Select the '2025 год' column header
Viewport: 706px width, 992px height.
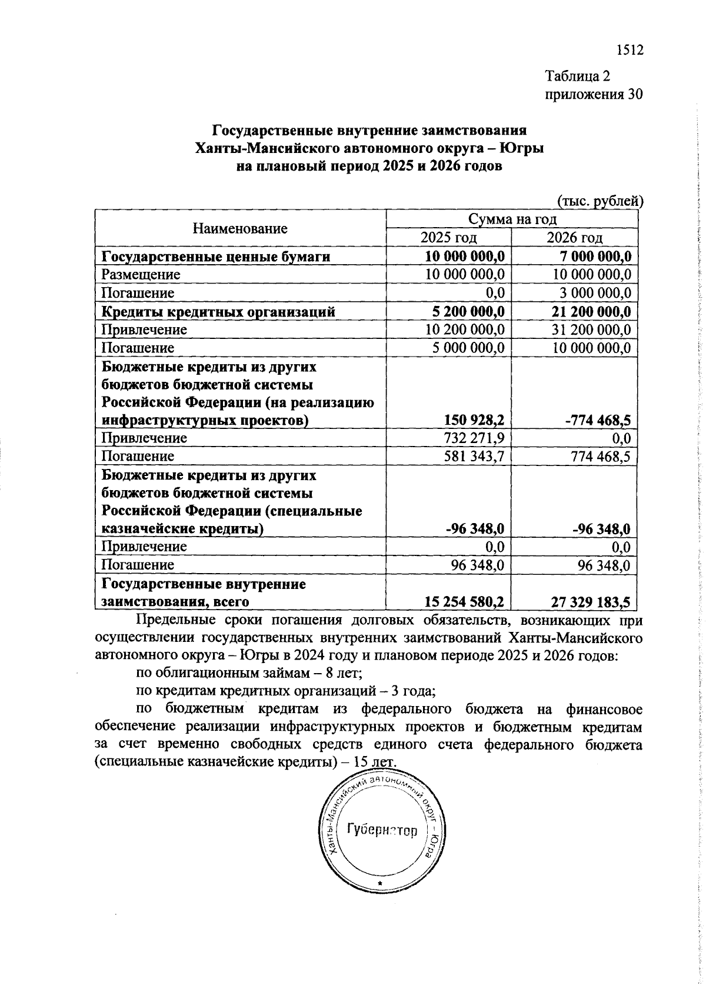click(448, 237)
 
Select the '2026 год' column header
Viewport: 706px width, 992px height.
click(575, 237)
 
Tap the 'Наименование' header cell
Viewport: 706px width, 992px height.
click(240, 228)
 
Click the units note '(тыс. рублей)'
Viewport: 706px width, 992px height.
click(600, 201)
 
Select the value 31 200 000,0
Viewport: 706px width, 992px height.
click(591, 329)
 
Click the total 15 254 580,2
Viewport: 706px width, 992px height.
click(465, 602)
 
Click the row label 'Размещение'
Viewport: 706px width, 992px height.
click(141, 275)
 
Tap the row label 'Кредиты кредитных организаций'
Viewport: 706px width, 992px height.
click(218, 311)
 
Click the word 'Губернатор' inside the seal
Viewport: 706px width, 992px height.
click(382, 830)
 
